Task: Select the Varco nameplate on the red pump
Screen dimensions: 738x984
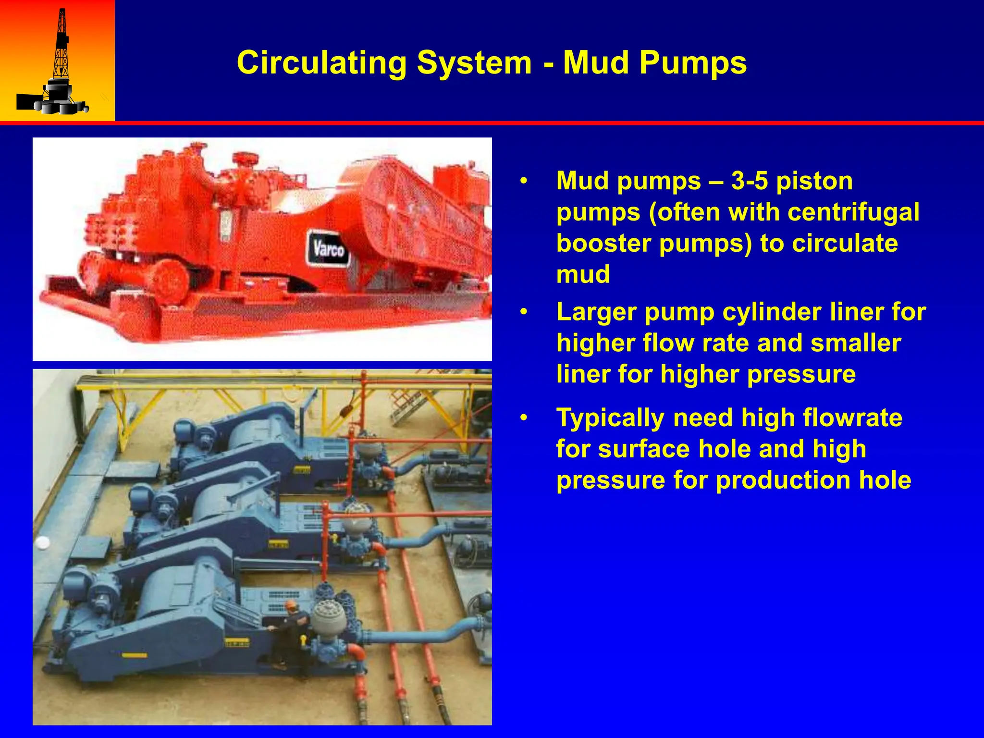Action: (x=329, y=248)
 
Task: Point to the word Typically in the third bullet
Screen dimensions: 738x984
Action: (x=610, y=418)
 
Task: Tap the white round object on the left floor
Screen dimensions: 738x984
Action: (x=42, y=542)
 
